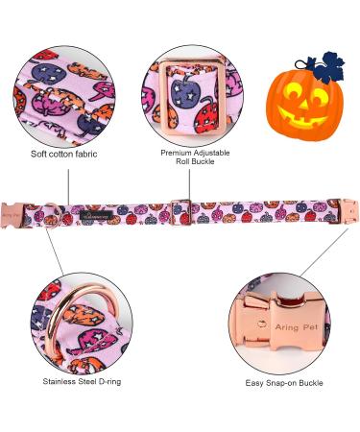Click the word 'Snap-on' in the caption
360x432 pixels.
click(x=289, y=382)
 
